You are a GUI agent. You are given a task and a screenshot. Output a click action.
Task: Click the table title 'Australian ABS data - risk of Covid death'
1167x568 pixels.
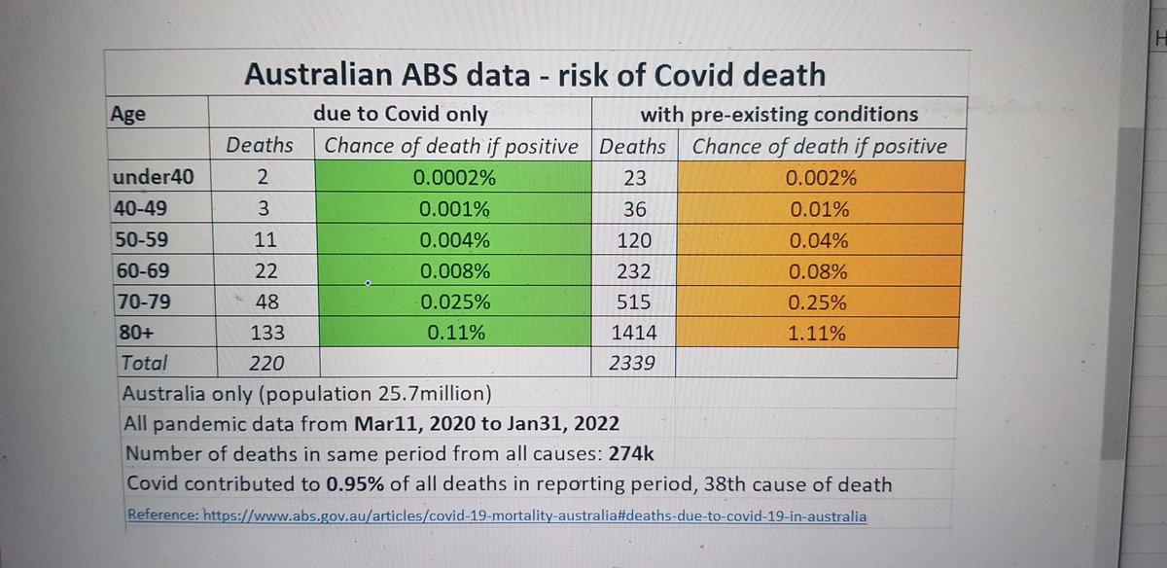(x=535, y=75)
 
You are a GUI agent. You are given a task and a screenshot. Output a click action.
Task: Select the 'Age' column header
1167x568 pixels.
(x=128, y=115)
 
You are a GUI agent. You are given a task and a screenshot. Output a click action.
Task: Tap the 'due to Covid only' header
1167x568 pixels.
(x=401, y=114)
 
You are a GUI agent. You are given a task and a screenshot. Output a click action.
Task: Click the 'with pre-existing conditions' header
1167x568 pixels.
(x=779, y=114)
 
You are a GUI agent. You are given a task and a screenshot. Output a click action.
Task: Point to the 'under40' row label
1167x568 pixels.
(x=154, y=177)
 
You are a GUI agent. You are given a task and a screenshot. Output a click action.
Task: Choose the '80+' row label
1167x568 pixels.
(x=136, y=332)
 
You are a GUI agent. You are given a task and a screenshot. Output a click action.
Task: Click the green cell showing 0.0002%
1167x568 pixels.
(x=453, y=177)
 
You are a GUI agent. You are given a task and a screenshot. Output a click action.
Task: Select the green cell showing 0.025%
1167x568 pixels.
(x=454, y=302)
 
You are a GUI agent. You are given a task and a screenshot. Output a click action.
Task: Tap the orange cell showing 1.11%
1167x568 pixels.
(x=817, y=332)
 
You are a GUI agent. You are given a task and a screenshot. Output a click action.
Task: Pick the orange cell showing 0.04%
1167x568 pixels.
(x=819, y=239)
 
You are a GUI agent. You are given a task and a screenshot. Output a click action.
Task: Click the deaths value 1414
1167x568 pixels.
(x=633, y=333)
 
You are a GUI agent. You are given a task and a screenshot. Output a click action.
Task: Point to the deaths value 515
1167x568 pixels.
(x=633, y=302)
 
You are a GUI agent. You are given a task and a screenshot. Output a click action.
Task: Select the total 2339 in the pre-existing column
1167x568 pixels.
(x=631, y=363)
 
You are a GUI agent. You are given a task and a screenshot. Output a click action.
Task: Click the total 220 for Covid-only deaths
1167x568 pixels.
(x=266, y=363)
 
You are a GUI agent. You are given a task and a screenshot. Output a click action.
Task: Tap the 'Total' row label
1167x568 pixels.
(x=144, y=363)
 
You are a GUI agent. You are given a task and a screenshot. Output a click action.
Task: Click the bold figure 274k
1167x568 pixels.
(x=631, y=454)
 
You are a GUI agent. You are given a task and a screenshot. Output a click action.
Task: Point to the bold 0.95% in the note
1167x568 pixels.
(x=355, y=483)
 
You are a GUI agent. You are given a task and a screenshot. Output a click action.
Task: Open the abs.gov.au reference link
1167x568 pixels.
(x=497, y=515)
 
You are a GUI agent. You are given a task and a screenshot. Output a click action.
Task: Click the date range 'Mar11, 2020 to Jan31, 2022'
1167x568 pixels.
(x=486, y=424)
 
